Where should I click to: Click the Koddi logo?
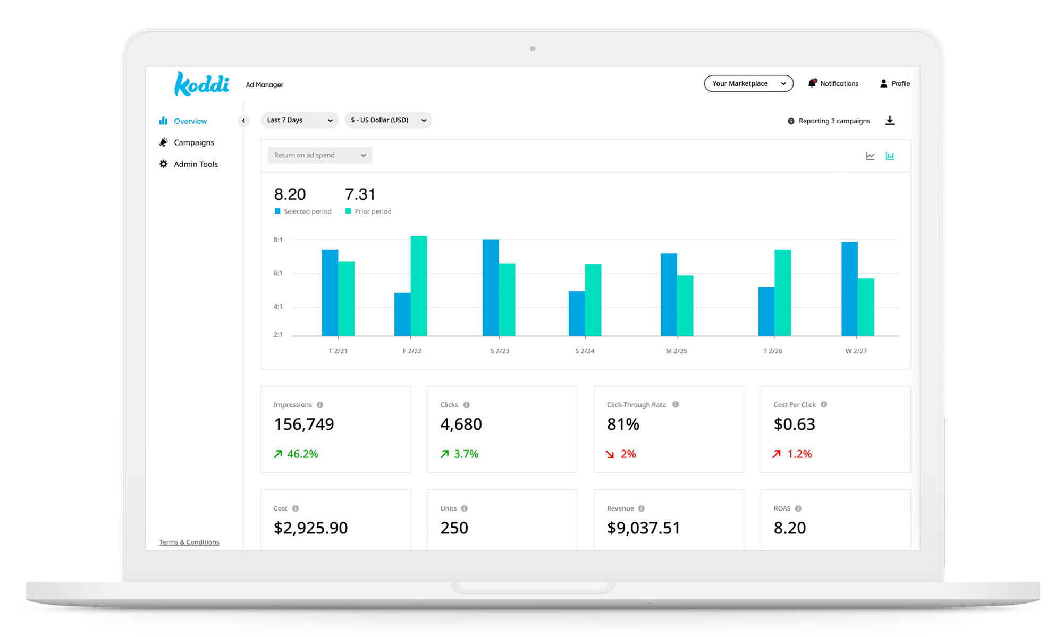point(201,84)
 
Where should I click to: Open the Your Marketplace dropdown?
point(748,83)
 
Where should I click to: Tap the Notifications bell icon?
point(812,83)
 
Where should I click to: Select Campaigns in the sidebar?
point(193,142)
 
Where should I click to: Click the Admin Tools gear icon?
point(164,164)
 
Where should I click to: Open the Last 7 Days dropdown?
point(299,120)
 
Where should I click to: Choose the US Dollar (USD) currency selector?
point(388,120)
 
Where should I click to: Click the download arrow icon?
point(890,121)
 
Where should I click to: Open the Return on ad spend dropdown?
point(319,155)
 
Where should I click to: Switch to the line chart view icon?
point(870,156)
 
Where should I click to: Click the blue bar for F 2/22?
point(402,314)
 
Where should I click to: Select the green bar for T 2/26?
point(782,292)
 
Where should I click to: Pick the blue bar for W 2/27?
point(849,288)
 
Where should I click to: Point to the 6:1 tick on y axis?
point(278,273)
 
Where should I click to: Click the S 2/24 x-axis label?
point(585,351)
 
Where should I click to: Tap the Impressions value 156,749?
point(304,424)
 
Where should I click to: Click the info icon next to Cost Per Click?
point(824,404)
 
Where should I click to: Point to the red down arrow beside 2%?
point(610,454)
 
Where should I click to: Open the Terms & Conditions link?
point(189,542)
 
